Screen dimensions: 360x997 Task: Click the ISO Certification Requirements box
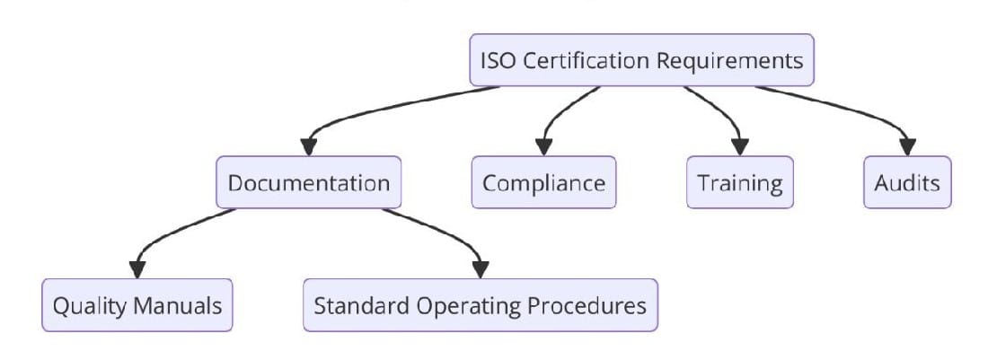tap(642, 60)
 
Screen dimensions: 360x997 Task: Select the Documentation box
tap(308, 183)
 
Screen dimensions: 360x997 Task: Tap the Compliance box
tap(543, 183)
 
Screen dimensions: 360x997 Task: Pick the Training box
tap(740, 183)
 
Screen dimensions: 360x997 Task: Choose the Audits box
tap(906, 183)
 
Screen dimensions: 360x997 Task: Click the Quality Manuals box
tap(137, 305)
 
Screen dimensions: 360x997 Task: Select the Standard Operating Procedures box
tap(480, 305)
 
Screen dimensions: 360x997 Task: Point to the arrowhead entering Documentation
tap(309, 146)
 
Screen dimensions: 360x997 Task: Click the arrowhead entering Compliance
tap(543, 146)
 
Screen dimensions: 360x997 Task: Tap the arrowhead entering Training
tap(740, 146)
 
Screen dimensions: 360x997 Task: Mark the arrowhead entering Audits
tap(907, 146)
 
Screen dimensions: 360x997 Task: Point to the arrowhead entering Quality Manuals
tap(137, 268)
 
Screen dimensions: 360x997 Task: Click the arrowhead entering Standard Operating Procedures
tap(481, 268)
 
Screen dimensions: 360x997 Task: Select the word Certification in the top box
tap(587, 61)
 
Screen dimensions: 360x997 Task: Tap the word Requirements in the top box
tap(730, 61)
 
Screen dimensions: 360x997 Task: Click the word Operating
tap(473, 306)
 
